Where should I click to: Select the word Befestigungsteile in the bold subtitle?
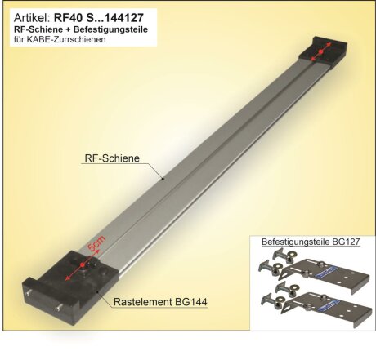click(114, 29)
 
